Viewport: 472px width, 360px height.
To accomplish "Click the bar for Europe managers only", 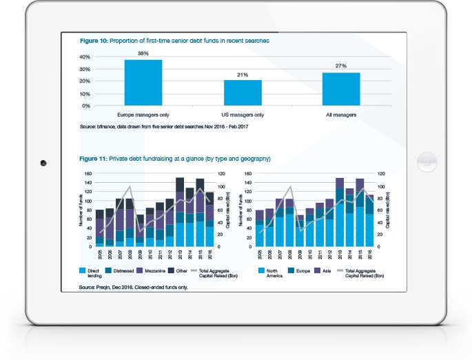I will coord(143,83).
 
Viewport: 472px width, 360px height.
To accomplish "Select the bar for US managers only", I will coord(242,92).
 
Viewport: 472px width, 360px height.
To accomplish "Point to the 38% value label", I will coord(143,54).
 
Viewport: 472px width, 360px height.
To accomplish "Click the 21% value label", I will coord(242,74).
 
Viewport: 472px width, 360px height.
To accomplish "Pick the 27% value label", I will coord(340,67).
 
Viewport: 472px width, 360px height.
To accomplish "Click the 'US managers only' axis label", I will coord(242,115).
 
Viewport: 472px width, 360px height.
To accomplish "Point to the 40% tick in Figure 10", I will coord(87,57).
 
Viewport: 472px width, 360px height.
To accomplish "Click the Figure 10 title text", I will coord(174,41).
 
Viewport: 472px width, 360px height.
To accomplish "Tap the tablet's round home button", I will coord(427,163).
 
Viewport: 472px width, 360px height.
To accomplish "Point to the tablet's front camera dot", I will coord(43,163).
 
